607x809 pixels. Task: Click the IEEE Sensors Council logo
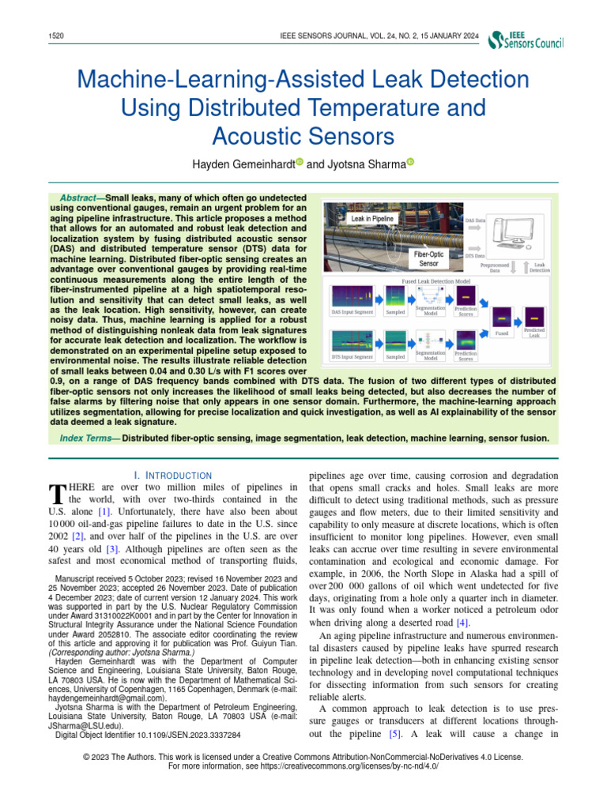click(x=526, y=41)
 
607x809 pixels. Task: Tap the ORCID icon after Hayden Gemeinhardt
click(x=300, y=163)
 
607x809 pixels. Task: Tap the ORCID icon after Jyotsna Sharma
click(x=410, y=163)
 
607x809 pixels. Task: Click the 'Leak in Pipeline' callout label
click(x=372, y=217)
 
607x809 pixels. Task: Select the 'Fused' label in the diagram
click(x=502, y=333)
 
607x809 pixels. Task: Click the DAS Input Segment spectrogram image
click(x=351, y=297)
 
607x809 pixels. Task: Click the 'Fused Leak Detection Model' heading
click(x=437, y=280)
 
